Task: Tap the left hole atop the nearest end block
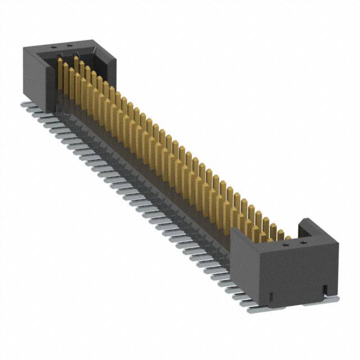286,245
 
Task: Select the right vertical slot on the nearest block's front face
325,289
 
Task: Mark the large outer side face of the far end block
34,73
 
